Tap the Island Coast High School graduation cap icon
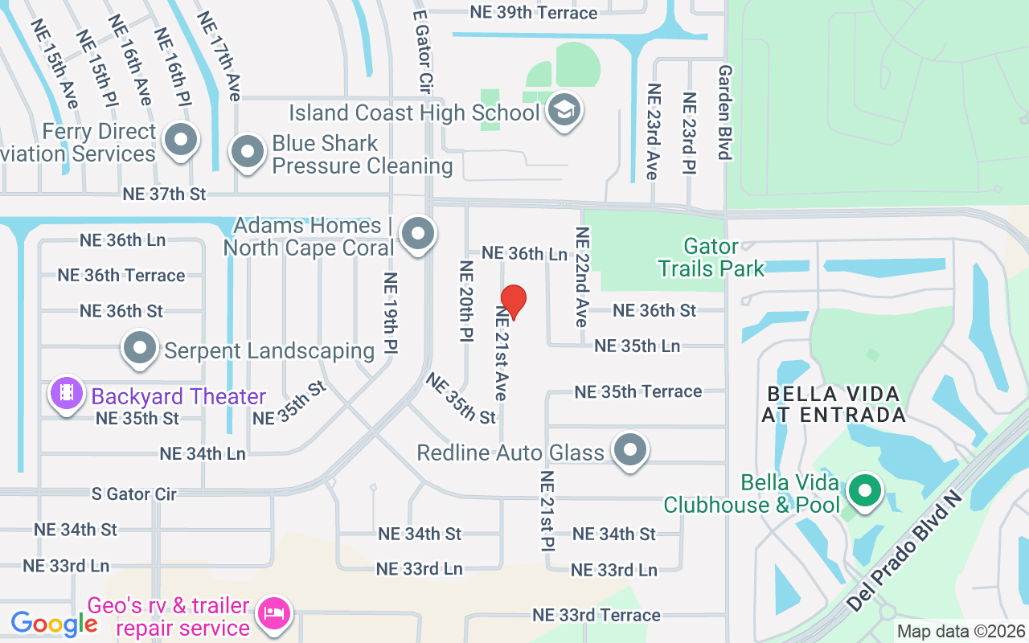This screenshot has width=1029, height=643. (564, 113)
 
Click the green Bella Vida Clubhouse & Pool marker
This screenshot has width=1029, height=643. (865, 490)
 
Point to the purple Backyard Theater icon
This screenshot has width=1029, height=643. (68, 394)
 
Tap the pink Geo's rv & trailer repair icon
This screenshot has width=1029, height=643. (273, 615)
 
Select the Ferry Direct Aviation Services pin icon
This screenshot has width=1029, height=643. (180, 141)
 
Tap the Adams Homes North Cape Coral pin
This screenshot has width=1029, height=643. (417, 235)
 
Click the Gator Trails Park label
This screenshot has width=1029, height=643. (711, 256)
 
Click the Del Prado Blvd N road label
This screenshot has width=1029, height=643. (904, 553)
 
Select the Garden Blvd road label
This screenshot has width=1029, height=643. (724, 113)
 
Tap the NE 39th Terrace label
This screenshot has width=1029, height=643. (534, 13)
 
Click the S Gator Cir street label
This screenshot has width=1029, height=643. (133, 494)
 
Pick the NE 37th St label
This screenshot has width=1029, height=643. (164, 194)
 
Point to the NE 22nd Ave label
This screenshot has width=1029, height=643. (581, 276)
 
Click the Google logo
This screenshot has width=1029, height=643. (54, 623)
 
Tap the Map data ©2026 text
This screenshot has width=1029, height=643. (960, 632)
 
